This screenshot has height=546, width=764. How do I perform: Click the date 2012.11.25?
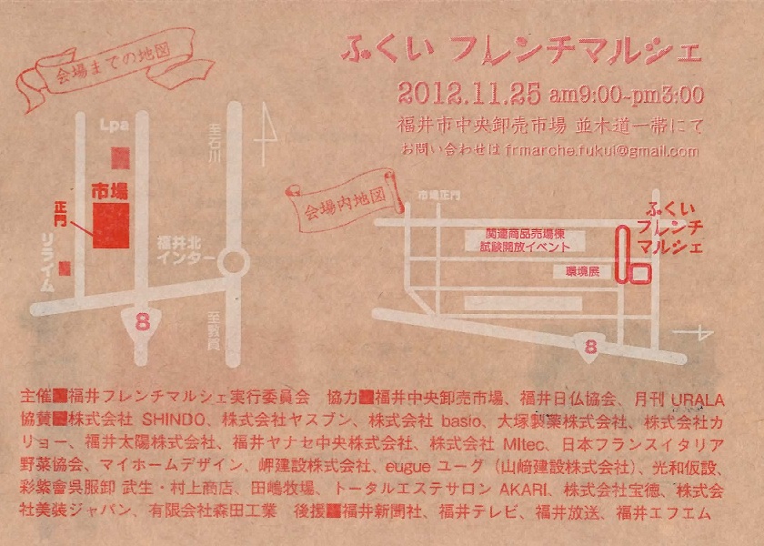click(468, 93)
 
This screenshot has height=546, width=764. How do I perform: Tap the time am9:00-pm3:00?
click(627, 94)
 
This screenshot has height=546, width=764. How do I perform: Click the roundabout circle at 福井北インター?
click(235, 263)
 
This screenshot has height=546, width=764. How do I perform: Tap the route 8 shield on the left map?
click(142, 321)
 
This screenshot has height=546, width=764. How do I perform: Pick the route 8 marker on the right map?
click(590, 345)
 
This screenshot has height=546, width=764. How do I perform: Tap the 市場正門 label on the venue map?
click(439, 196)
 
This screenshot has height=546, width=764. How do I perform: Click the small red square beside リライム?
click(65, 268)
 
